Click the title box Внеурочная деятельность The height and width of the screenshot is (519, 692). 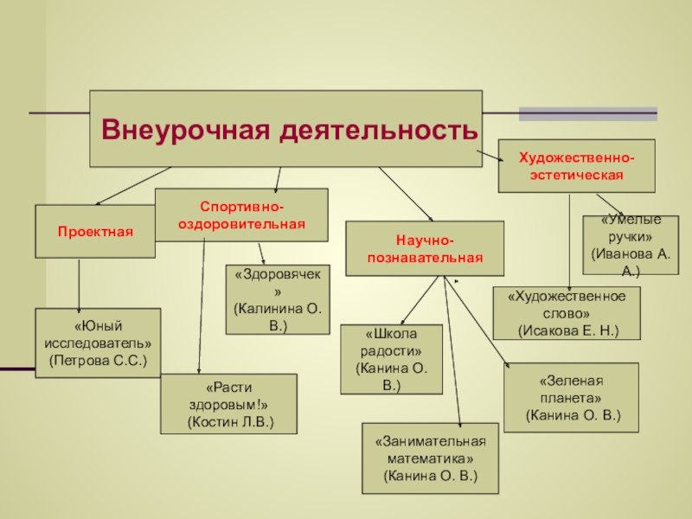[285, 129]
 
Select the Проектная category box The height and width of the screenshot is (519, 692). [95, 232]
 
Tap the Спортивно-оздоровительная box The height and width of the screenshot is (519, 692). [241, 215]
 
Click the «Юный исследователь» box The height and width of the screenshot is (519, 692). [98, 342]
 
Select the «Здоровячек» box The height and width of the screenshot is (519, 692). [278, 299]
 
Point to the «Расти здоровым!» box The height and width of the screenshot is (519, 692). [229, 403]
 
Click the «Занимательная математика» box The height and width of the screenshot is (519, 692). [430, 458]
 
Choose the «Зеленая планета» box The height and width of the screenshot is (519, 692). [571, 397]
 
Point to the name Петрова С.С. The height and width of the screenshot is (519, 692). [98, 359]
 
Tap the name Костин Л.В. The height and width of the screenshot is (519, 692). [229, 422]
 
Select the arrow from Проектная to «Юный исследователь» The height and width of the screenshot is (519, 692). [79, 285]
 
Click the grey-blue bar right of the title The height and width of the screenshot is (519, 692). [587, 113]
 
